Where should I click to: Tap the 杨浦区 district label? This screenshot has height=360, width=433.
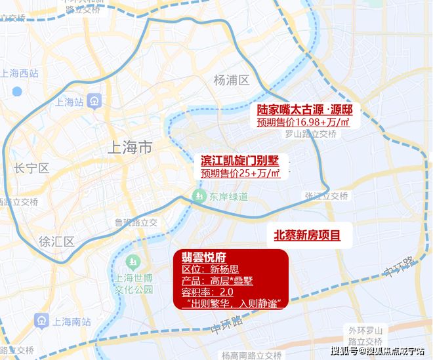tap(232, 80)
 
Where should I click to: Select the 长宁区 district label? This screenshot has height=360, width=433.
tap(31, 169)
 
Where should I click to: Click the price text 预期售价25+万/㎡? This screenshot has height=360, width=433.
tap(240, 173)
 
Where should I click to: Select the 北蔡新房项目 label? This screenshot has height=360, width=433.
tap(308, 235)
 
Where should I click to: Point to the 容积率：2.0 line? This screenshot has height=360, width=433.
tap(209, 292)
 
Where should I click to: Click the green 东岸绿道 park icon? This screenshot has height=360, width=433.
tap(197, 196)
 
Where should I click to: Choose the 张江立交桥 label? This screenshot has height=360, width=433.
tap(326, 196)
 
